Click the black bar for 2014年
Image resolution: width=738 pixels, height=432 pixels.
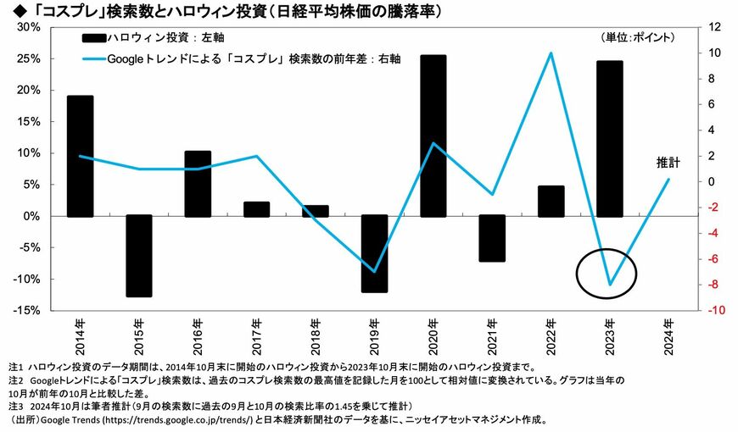80,156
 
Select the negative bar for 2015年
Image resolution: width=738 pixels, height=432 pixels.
139,256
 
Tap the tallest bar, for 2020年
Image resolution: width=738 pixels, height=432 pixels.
433,136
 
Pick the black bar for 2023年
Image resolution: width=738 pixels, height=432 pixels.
610,139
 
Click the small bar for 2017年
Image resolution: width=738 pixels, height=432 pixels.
256,210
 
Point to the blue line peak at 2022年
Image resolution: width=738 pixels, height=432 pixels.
551,53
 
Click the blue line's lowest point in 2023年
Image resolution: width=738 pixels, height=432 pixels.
610,285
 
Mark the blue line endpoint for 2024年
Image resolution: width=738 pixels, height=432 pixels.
668,179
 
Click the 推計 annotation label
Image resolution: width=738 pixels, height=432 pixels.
668,163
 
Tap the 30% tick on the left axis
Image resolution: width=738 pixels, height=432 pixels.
29,27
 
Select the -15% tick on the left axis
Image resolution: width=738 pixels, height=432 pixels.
27,310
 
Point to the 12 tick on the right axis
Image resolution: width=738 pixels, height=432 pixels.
714,27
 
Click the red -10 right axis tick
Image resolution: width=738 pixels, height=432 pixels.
716,310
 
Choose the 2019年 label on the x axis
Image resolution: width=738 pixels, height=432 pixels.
375,336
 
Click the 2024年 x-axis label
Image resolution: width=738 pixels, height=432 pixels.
668,336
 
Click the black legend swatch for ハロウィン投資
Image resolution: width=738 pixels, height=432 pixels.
93,38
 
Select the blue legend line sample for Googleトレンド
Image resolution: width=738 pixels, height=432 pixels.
93,59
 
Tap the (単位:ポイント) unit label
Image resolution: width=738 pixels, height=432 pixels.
638,37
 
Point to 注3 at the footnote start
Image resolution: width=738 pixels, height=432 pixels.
15,405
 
